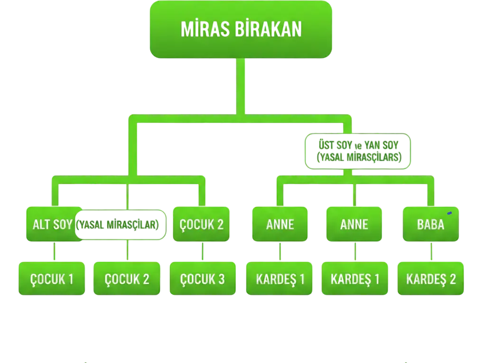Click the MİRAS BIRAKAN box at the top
(x=241, y=29)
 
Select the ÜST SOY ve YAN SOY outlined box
(x=358, y=151)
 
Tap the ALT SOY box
(x=53, y=224)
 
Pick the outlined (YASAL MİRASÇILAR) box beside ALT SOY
(x=121, y=224)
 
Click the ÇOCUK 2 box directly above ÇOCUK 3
(x=201, y=224)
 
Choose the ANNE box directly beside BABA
(x=354, y=224)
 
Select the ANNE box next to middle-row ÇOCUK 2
(x=280, y=224)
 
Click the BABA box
(x=430, y=224)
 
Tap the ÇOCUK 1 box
(x=52, y=279)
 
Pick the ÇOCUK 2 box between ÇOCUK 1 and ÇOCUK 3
(x=127, y=279)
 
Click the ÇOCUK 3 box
(x=203, y=279)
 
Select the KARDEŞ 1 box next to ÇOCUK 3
(x=280, y=279)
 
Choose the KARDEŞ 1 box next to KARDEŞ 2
(x=355, y=279)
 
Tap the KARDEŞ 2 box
(x=431, y=279)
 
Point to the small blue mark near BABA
(x=449, y=213)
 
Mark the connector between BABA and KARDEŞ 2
(x=431, y=251)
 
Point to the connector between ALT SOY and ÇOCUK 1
(x=55, y=251)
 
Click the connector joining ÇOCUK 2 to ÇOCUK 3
(x=203, y=251)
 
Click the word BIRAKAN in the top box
(x=275, y=29)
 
